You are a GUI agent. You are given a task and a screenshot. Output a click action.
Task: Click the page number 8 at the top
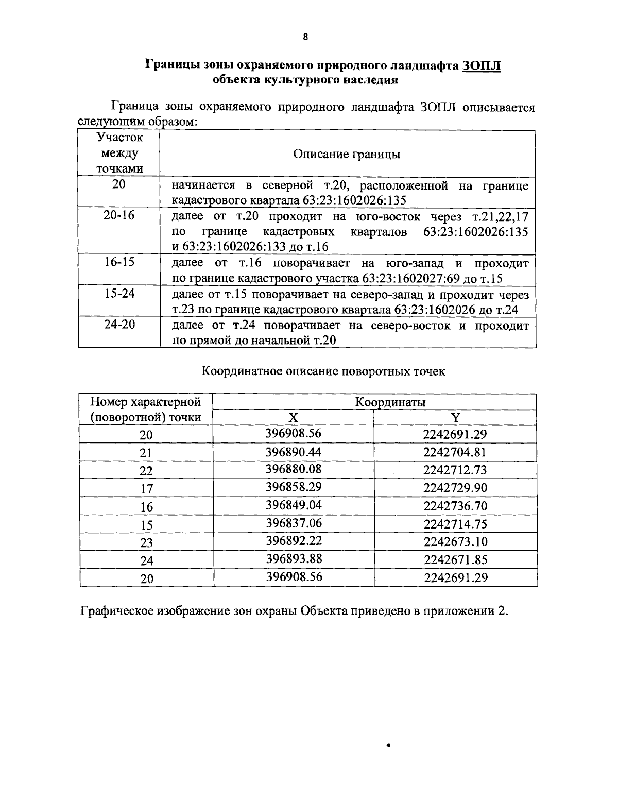[x=305, y=37]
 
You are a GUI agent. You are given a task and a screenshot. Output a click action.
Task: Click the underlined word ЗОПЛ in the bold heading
[x=482, y=65]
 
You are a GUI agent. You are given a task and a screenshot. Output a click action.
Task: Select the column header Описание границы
[x=347, y=154]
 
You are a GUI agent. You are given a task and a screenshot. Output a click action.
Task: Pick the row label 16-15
[x=119, y=263]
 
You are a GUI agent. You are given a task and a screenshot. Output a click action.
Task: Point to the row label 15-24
[x=119, y=294]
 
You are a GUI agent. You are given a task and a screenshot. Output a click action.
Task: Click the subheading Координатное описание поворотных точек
[x=323, y=371]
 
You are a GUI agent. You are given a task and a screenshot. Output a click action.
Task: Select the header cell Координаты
[x=390, y=402]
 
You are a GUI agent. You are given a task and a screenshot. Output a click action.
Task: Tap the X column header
[x=293, y=417]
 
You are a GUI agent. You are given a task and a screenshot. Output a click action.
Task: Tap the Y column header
[x=455, y=417]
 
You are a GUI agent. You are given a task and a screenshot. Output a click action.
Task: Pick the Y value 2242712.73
[x=455, y=470]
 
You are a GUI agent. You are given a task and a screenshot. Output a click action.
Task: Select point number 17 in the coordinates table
[x=146, y=489]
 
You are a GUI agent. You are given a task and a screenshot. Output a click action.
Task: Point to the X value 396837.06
[x=294, y=523]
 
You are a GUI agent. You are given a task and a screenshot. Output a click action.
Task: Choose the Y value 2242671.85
[x=455, y=559]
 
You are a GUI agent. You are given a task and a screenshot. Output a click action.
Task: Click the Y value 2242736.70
[x=455, y=506]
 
